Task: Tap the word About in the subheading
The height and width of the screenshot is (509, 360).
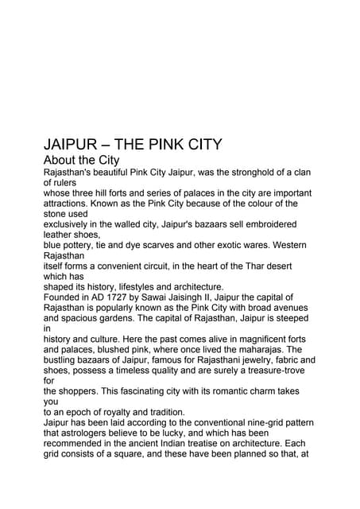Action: pos(61,161)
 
